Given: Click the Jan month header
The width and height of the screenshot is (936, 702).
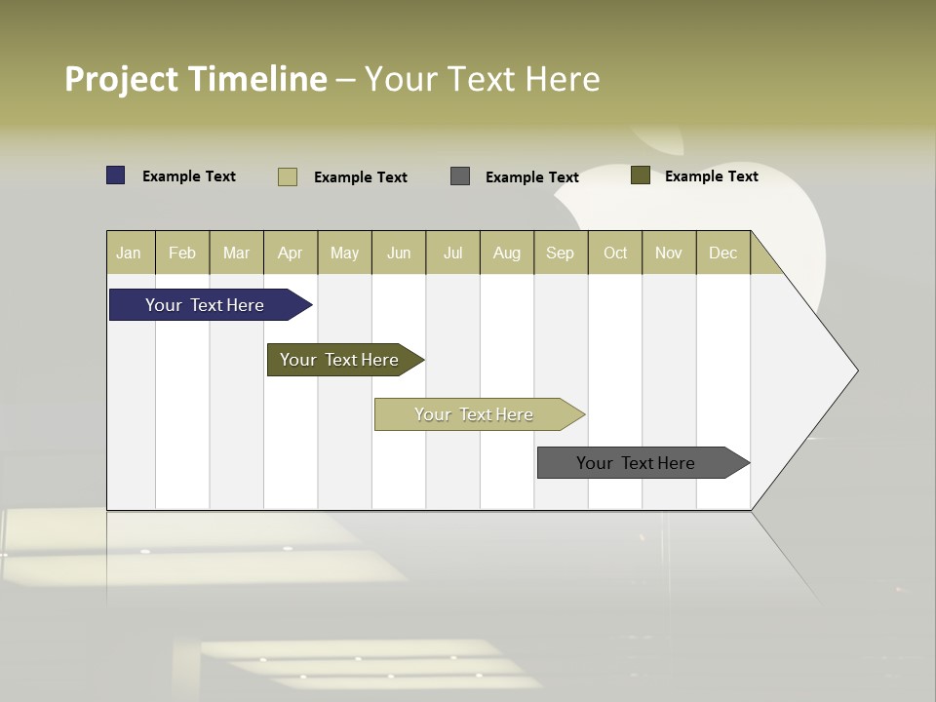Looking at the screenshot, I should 129,253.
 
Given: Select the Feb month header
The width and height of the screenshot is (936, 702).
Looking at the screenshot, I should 182,253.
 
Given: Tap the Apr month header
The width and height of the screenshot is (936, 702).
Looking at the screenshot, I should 290,253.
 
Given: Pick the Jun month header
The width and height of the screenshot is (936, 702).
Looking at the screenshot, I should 399,253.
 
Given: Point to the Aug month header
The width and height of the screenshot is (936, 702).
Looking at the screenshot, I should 506,253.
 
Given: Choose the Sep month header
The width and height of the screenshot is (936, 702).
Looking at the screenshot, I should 560,253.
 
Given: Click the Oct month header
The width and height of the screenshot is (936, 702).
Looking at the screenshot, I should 615,253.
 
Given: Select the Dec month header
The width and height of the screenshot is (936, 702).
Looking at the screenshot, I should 722,253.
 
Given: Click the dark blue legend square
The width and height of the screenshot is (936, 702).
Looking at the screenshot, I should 116,175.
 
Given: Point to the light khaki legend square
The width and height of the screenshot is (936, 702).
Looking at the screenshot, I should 288,176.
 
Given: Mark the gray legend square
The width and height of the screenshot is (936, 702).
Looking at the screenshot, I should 460,175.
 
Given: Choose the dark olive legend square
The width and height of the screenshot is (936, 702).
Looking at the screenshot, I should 641,175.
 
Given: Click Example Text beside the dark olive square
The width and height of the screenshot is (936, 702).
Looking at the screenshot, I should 711,176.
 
